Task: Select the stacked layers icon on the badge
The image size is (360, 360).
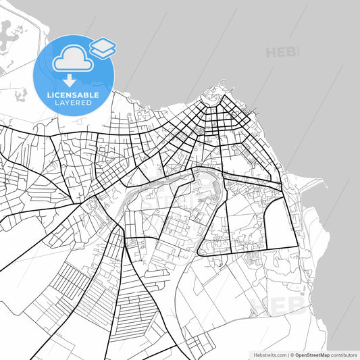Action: pos(102,47)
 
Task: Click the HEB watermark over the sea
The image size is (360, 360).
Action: pos(282,52)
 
